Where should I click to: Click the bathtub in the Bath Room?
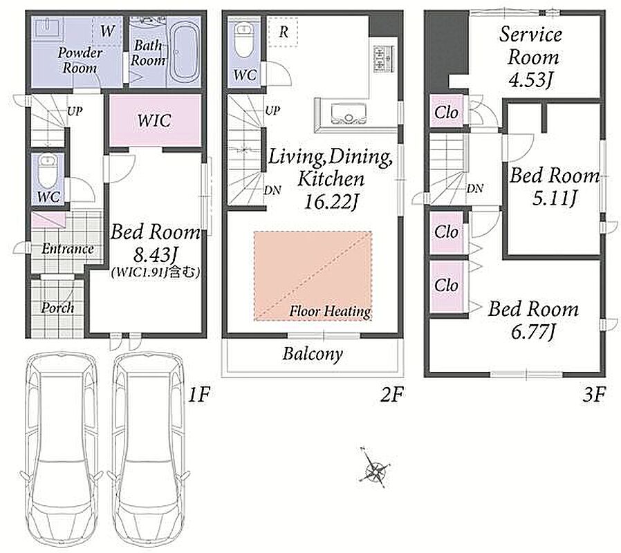184,50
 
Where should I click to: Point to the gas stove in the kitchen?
383,59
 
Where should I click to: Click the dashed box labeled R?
283,32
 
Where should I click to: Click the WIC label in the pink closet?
154,120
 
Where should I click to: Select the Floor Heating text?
330,311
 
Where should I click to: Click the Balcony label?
313,354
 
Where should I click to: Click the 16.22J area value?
331,203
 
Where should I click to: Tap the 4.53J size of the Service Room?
530,80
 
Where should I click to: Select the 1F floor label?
198,395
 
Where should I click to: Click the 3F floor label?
594,395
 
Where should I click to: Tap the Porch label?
57,308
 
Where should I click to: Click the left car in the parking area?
62,450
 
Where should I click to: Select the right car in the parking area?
149,450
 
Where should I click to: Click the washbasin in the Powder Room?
48,28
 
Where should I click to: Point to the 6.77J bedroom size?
532,332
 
